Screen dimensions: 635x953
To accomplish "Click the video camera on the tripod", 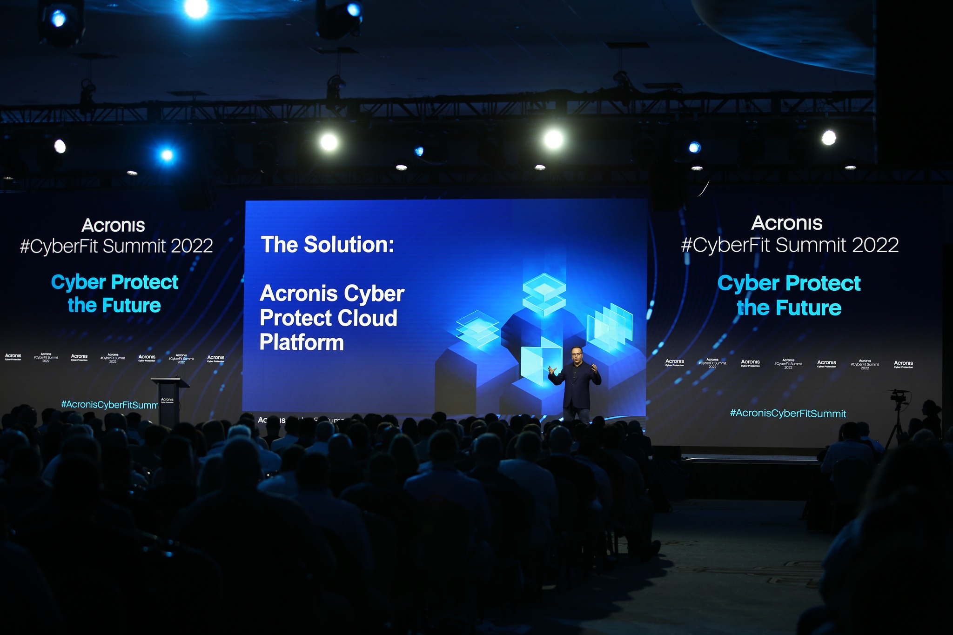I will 898,398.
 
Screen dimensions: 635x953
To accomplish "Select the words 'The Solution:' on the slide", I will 327,245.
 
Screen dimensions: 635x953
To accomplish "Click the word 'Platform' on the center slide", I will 302,343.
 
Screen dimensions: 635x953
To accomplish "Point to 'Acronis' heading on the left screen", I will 114,226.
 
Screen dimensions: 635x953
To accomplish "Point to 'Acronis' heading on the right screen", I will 787,223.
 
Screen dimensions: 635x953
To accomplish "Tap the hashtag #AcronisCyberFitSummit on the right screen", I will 788,413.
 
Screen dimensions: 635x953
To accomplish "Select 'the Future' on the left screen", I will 114,306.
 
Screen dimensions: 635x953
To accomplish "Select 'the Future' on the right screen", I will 789,308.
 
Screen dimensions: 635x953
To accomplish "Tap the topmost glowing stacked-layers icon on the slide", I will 544,291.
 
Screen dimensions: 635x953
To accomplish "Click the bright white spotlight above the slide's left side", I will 329,142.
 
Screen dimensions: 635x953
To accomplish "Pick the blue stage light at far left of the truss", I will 167,155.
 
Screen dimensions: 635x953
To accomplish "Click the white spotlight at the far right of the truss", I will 829,138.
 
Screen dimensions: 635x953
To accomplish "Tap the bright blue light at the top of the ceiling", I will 196,8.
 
